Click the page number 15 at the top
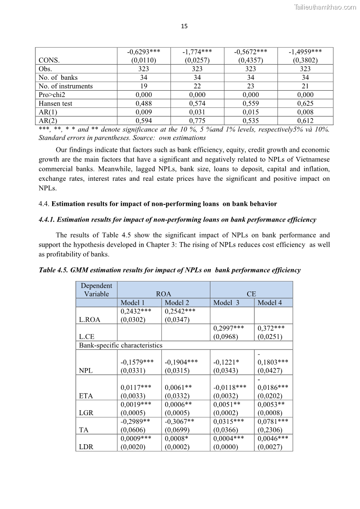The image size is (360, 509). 184,26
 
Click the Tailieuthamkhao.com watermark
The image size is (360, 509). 325,7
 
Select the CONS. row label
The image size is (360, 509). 49,60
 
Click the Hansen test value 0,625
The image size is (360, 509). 305,103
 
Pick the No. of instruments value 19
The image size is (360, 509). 144,86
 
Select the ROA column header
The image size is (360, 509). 163,294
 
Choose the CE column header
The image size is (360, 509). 251,294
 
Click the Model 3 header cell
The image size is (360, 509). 226,303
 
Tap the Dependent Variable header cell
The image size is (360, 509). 96,290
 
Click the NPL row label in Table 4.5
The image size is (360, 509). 86,370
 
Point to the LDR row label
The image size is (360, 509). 86,447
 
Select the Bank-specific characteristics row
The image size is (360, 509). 121,345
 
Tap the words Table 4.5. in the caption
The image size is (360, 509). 54,270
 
